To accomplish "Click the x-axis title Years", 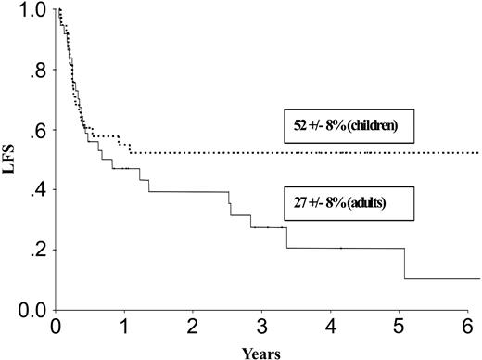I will pyautogui.click(x=267, y=352).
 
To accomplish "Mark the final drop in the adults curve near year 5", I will pyautogui.click(x=405, y=263).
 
